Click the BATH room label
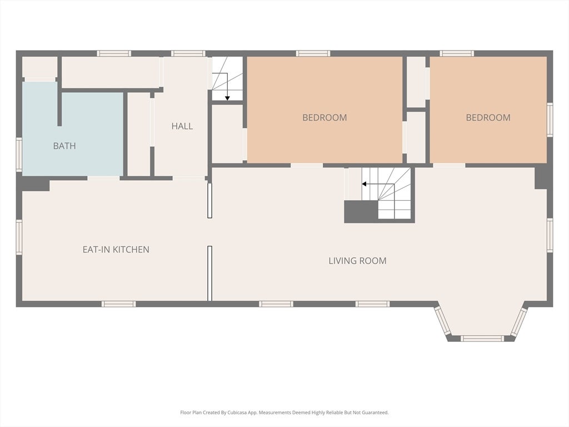pos(64,146)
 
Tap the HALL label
pos(182,126)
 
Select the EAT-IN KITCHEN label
pos(116,250)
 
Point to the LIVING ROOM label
pos(357,261)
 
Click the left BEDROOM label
pos(325,118)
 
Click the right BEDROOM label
pos(488,118)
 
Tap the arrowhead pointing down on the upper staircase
pos(227,98)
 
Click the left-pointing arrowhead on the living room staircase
pos(364,184)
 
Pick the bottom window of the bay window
pos(482,339)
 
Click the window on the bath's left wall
pos(19,155)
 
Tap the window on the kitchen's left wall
pos(19,236)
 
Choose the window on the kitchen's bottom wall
pos(118,304)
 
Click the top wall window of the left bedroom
pos(313,53)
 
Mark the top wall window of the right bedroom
pos(457,53)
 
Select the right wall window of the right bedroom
pos(550,120)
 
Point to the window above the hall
pos(188,53)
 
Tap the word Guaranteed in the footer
pos(376,413)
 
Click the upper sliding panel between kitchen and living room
pos(209,200)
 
